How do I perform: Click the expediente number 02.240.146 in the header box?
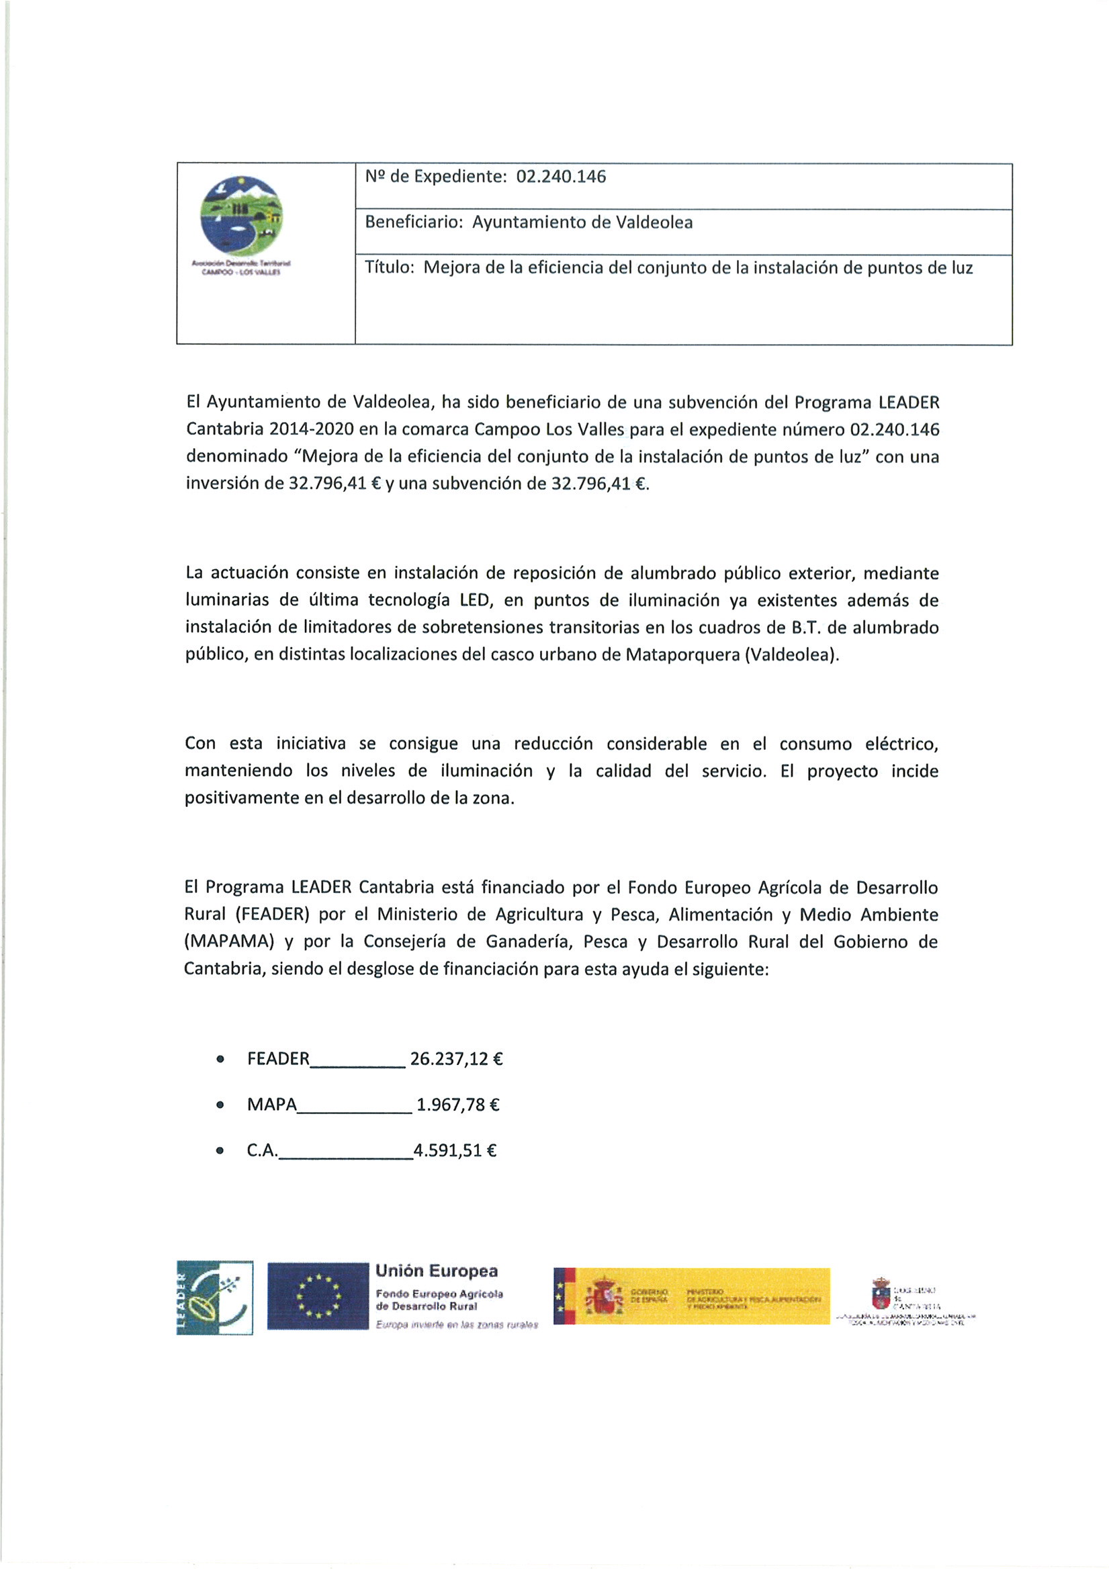(x=561, y=177)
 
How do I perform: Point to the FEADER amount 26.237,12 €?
(x=456, y=1059)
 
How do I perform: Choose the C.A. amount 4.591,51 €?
(x=454, y=1151)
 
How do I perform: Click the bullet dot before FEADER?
(x=220, y=1060)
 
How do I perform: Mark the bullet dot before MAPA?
(x=220, y=1105)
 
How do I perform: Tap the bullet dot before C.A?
(x=220, y=1151)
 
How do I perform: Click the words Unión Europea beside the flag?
(x=437, y=1271)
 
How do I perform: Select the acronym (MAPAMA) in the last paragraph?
(x=229, y=941)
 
